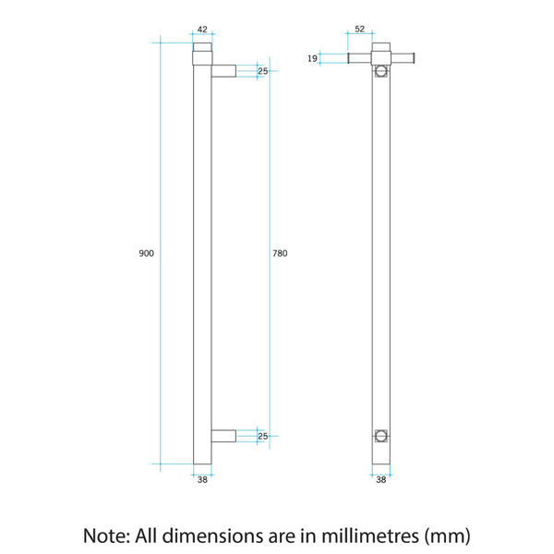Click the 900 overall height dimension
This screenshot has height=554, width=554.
click(x=146, y=253)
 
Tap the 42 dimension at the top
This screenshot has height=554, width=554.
click(x=202, y=30)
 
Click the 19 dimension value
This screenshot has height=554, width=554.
click(x=312, y=58)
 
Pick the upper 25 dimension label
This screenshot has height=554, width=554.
click(x=262, y=70)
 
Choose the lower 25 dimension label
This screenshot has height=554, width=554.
click(x=262, y=436)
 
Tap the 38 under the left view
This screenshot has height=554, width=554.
click(x=202, y=478)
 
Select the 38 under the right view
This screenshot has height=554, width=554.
click(x=380, y=478)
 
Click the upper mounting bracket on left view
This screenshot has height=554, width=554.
click(x=223, y=70)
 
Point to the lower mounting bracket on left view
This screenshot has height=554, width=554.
click(x=223, y=436)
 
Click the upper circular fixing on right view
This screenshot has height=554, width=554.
click(x=380, y=71)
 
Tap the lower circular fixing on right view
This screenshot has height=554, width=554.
click(x=380, y=435)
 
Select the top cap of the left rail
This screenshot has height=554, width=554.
click(x=202, y=47)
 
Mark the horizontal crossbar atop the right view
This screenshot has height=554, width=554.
click(x=382, y=58)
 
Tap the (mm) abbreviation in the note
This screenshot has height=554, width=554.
click(x=450, y=535)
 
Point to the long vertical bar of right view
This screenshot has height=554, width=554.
click(x=380, y=259)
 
